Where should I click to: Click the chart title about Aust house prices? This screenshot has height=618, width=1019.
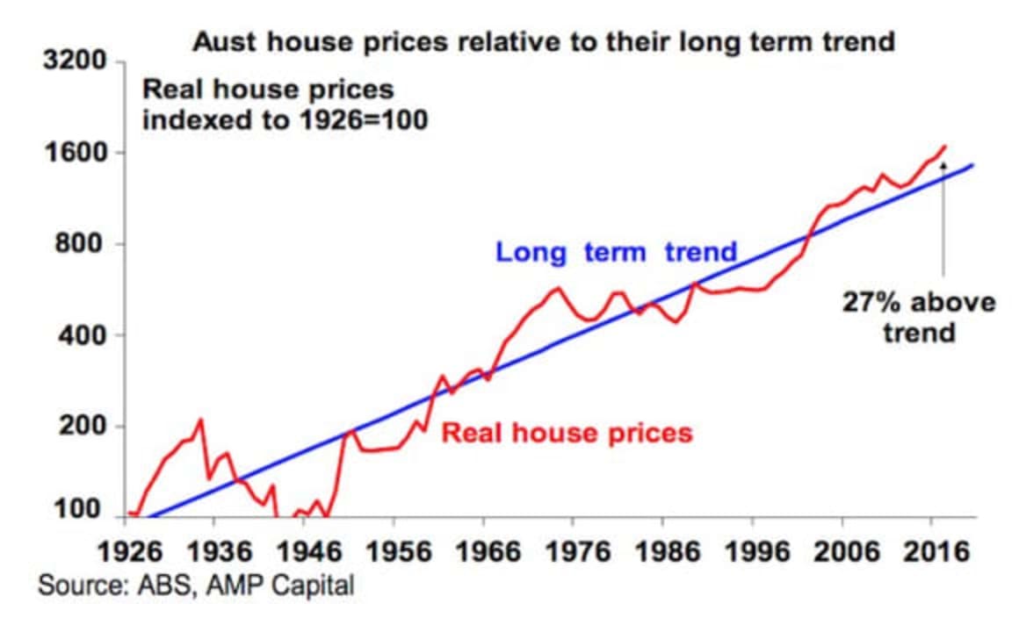(x=544, y=42)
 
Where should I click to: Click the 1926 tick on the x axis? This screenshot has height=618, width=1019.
(x=126, y=552)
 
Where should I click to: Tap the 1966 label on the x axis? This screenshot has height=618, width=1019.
(x=483, y=552)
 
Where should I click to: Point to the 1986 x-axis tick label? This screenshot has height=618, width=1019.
(x=662, y=552)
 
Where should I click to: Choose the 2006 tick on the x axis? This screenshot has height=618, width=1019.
(x=842, y=552)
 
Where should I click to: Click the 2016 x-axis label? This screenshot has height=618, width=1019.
(x=931, y=552)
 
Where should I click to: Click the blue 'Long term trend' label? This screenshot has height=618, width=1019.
(x=616, y=253)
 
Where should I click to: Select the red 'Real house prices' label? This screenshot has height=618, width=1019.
(x=567, y=433)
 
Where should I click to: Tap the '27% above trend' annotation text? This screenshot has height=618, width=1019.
(x=919, y=318)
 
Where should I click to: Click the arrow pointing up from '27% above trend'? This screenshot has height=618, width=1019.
(x=944, y=219)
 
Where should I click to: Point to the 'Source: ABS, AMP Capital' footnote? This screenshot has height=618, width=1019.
(x=195, y=586)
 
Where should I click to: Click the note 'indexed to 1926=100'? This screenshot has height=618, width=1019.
(x=285, y=119)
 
